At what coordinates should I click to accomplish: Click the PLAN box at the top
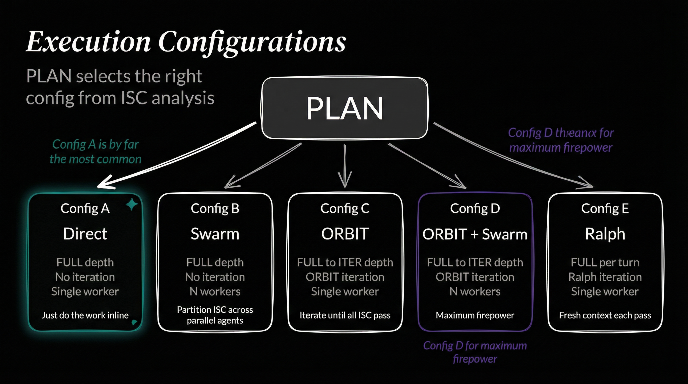(x=344, y=108)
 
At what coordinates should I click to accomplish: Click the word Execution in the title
(x=88, y=42)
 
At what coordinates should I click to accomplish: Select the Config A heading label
(x=85, y=208)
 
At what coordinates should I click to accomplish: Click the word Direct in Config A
(x=85, y=234)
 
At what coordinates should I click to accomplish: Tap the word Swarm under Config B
(x=215, y=234)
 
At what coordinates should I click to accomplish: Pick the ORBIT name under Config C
(x=345, y=234)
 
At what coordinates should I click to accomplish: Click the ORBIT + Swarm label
(x=475, y=234)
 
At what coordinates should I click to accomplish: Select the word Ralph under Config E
(x=605, y=234)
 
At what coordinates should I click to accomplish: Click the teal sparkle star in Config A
(x=132, y=204)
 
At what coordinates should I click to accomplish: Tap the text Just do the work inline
(x=85, y=315)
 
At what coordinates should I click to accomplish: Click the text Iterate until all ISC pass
(x=345, y=315)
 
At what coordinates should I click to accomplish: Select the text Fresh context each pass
(x=605, y=315)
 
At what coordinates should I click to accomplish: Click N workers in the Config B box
(x=215, y=291)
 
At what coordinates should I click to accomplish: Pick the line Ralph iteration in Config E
(x=605, y=277)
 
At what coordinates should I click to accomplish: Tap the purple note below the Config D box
(x=475, y=352)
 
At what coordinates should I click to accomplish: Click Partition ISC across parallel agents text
(x=215, y=315)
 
